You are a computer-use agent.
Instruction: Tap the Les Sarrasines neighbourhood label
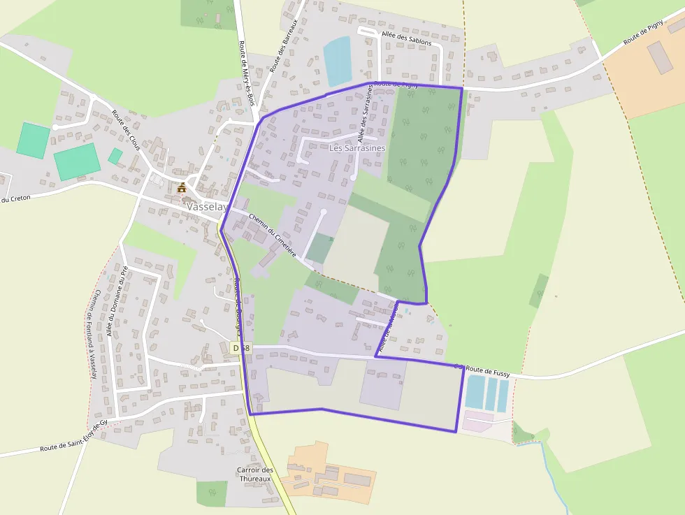point(356,148)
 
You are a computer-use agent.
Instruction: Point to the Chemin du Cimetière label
point(272,235)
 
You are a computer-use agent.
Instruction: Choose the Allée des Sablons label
point(407,38)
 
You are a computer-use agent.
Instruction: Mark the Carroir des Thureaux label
point(254,474)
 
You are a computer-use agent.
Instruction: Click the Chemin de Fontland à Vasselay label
point(95,334)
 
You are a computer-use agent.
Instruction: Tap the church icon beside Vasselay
point(182,188)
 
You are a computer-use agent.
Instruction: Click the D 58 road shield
point(240,347)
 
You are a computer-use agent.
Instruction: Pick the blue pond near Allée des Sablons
point(337,61)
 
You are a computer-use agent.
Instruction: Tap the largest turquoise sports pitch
point(75,161)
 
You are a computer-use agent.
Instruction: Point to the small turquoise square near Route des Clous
point(115,156)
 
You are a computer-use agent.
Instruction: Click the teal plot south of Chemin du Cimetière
point(319,249)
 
